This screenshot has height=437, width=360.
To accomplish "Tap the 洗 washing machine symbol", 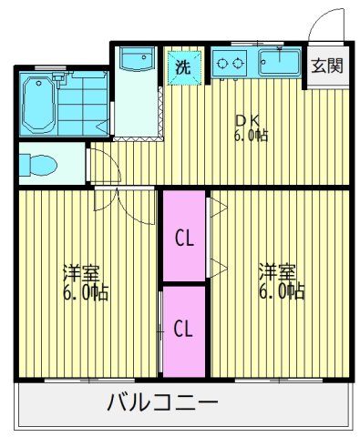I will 183,66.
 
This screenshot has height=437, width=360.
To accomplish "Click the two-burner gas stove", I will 232,64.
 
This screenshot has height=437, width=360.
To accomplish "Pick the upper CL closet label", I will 184,239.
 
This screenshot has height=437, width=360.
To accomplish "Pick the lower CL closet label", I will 184,327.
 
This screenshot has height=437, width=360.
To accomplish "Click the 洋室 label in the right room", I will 276,272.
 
